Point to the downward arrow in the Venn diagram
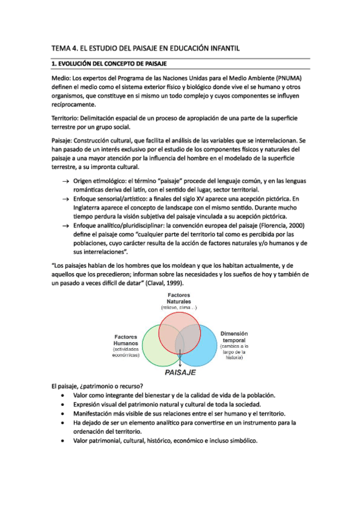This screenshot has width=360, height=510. pyautogui.click(x=180, y=360)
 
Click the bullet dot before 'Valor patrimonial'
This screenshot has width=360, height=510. pyautogui.click(x=64, y=441)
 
